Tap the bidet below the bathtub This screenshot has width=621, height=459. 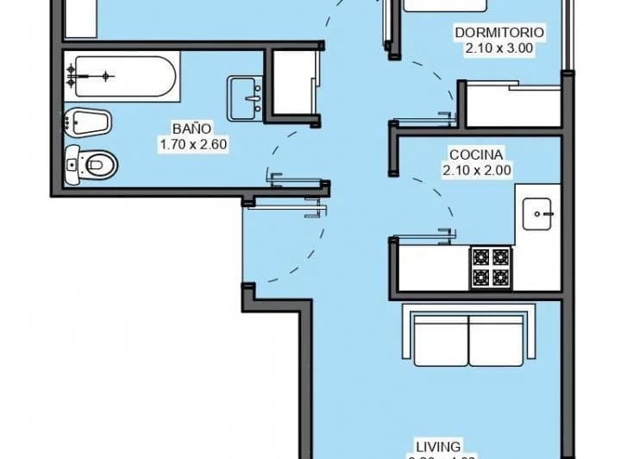pyautogui.click(x=88, y=123)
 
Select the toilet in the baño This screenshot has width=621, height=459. pyautogui.click(x=92, y=162)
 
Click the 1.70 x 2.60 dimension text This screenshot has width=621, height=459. pyautogui.click(x=192, y=145)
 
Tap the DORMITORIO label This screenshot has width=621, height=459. pyautogui.click(x=499, y=33)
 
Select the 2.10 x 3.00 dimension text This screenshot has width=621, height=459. pyautogui.click(x=499, y=48)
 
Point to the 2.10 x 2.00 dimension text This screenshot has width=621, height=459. pyautogui.click(x=476, y=171)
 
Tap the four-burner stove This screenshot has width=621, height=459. pyautogui.click(x=490, y=267)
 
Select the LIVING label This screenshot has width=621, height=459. pyautogui.click(x=442, y=446)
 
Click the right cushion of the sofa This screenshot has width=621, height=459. pyautogui.click(x=496, y=340)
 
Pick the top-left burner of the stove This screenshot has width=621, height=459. pyautogui.click(x=480, y=257)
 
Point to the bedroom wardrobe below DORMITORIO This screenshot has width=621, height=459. pyautogui.click(x=513, y=104)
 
